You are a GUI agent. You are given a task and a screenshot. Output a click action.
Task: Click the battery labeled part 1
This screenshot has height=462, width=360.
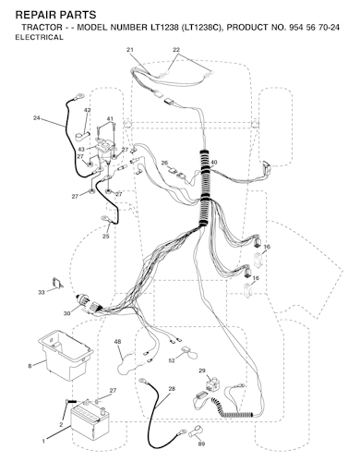[90, 421]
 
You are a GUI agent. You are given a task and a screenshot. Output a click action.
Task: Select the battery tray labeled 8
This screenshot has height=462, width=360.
[66, 355]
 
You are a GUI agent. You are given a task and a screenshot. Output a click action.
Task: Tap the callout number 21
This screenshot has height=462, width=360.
[130, 50]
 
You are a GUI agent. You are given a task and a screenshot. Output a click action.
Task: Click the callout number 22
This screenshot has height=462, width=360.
[176, 50]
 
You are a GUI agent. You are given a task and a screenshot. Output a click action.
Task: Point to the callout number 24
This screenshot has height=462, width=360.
[37, 117]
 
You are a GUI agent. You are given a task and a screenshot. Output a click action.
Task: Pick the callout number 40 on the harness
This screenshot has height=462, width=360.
[214, 163]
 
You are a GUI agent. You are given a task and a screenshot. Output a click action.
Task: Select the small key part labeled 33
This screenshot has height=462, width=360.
[57, 283]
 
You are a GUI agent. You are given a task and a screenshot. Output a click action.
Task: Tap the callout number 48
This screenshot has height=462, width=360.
[117, 342]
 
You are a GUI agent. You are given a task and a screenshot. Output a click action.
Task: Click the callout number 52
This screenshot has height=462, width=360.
[172, 360]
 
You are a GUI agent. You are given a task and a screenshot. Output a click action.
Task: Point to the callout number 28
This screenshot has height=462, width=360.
[172, 389]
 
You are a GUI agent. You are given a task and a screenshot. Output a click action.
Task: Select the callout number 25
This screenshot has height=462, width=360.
[105, 237]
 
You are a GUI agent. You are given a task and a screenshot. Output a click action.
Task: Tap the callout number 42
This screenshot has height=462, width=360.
[87, 110]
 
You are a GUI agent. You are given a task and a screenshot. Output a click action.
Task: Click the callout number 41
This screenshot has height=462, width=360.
[110, 118]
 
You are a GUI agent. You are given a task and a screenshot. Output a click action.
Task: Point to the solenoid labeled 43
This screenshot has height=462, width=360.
[104, 151]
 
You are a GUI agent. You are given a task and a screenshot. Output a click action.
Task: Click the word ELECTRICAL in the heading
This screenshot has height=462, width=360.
[39, 37]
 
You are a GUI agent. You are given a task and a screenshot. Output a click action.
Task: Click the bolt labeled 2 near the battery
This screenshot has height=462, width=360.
[71, 401]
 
